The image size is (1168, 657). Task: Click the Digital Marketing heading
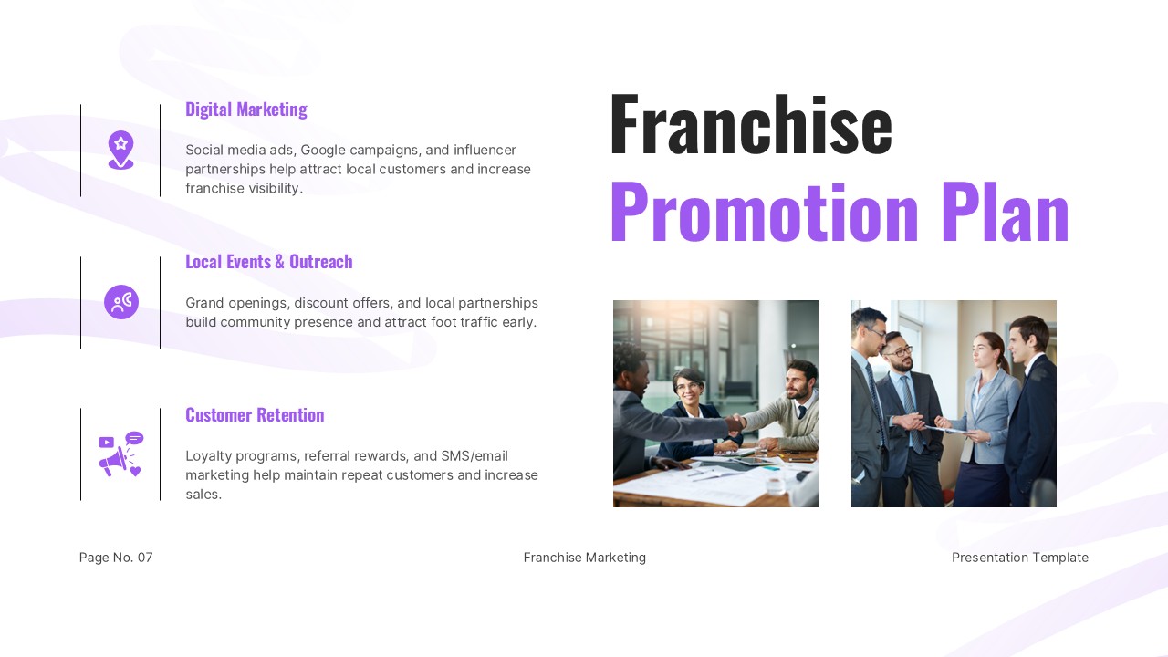(245, 109)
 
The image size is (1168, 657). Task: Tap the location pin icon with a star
(120, 150)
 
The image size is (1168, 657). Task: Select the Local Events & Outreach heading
(268, 262)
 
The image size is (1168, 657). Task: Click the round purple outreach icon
(120, 302)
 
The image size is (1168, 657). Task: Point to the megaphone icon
(120, 454)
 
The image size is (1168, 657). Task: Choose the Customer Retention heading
(255, 415)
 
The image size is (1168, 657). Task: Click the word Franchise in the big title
(750, 125)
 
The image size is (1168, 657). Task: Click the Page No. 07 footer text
(116, 558)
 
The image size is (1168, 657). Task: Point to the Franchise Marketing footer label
(584, 558)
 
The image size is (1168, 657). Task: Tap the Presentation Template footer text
(1019, 558)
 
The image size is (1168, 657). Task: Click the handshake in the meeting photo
(735, 422)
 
